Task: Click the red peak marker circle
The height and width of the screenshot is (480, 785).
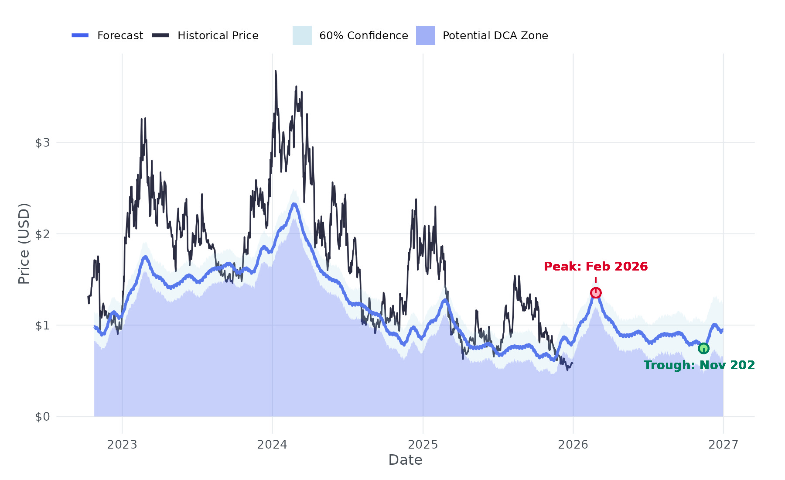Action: click(596, 293)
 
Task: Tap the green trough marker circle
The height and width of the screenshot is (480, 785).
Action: click(703, 348)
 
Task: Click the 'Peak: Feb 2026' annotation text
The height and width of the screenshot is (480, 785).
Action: click(596, 267)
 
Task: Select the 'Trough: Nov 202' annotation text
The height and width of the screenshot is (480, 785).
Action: click(699, 365)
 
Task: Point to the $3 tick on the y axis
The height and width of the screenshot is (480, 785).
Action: click(43, 143)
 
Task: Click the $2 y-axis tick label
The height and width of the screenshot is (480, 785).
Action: click(43, 234)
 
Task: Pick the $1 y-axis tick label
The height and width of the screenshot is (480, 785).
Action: click(43, 326)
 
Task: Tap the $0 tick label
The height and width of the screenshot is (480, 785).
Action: click(43, 417)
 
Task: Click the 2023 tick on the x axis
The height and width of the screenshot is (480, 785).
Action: click(122, 445)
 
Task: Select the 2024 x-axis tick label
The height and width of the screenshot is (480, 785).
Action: click(272, 445)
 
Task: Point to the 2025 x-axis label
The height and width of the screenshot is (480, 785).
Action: click(423, 445)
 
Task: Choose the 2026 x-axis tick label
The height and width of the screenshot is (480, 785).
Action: click(573, 445)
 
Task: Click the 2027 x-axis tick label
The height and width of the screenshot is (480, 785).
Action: click(723, 445)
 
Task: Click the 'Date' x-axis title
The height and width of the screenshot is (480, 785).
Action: click(405, 460)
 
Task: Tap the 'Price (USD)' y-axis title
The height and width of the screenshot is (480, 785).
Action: click(24, 243)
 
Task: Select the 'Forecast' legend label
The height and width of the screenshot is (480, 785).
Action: click(120, 36)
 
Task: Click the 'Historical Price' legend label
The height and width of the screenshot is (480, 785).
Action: click(218, 36)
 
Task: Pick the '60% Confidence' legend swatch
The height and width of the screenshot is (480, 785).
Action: click(302, 35)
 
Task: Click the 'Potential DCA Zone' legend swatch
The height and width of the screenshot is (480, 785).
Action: click(426, 35)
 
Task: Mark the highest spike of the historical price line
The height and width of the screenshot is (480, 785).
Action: click(276, 72)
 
